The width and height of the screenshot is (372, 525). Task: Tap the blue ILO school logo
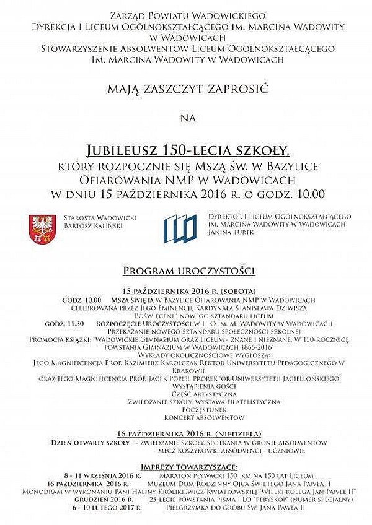pyautogui.click(x=180, y=228)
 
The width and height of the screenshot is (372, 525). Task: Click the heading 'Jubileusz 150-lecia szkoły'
pyautogui.click(x=187, y=150)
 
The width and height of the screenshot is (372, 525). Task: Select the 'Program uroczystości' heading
pyautogui.click(x=186, y=271)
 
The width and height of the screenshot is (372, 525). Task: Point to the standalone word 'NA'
pyautogui.click(x=187, y=116)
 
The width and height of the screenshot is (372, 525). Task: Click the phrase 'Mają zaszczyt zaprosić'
pyautogui.click(x=187, y=90)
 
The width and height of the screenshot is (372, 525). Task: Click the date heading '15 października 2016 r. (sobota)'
pyautogui.click(x=186, y=290)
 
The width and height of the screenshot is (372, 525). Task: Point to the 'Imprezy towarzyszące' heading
pyautogui.click(x=186, y=466)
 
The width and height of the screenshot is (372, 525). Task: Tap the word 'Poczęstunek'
pyautogui.click(x=186, y=409)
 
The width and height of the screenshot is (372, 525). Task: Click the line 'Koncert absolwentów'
pyautogui.click(x=186, y=418)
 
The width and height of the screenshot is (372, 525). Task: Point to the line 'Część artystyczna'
pyautogui.click(x=186, y=393)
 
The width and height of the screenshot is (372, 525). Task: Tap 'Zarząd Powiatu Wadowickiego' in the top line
pyautogui.click(x=187, y=14)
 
